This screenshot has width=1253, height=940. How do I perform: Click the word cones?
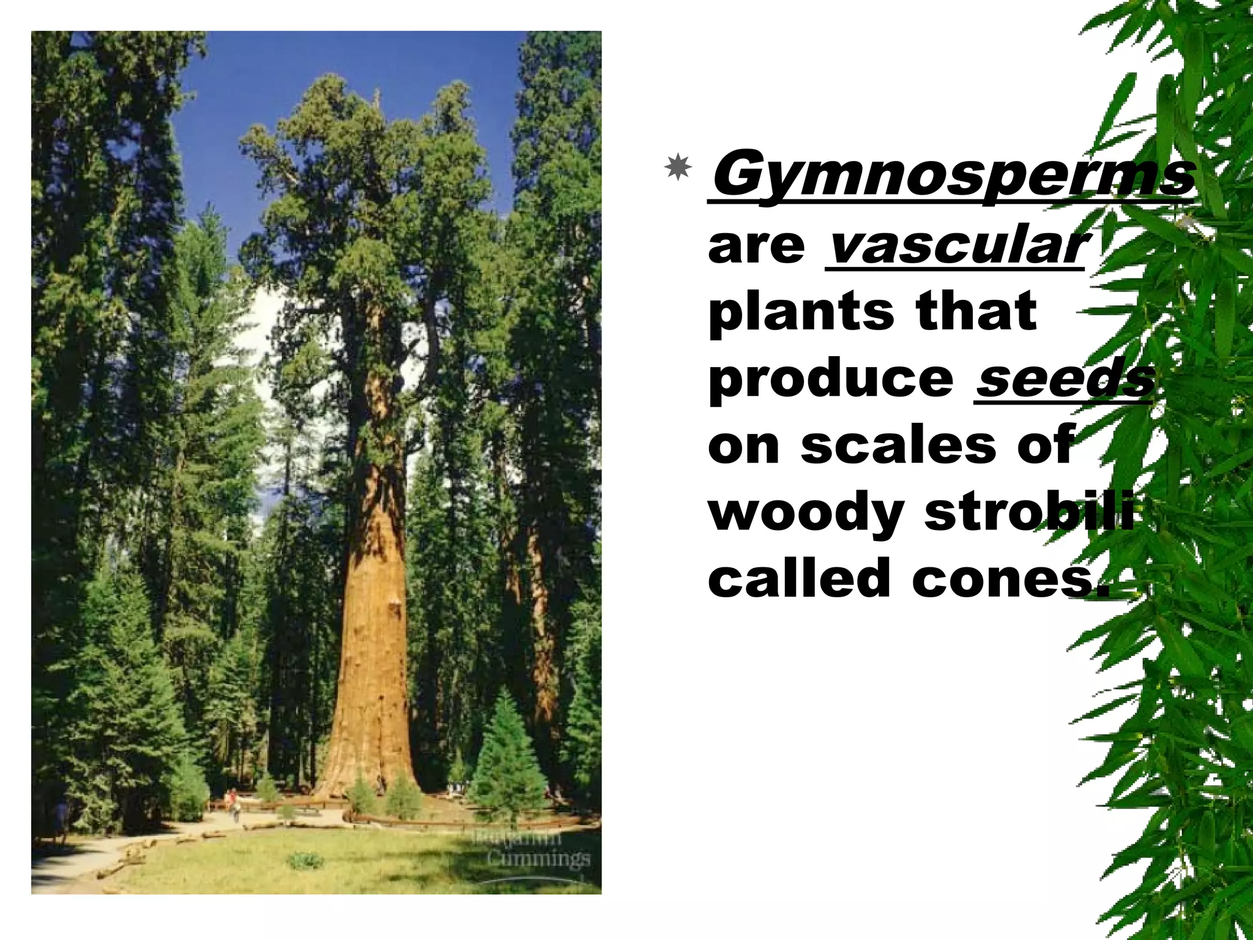1009,579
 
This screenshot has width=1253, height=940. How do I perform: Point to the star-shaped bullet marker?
678,167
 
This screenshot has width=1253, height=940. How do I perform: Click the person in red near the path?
232,798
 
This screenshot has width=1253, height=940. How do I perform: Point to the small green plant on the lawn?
305,860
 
